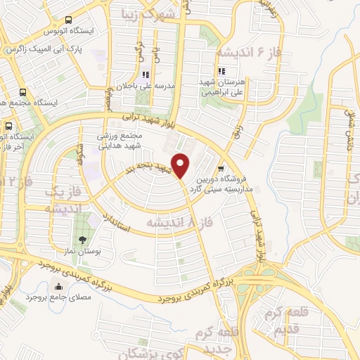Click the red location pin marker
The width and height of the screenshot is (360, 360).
181,166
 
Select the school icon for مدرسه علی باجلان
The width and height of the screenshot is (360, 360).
145,75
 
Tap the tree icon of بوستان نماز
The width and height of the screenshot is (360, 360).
83,240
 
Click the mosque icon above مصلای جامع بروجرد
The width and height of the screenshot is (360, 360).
58,286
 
